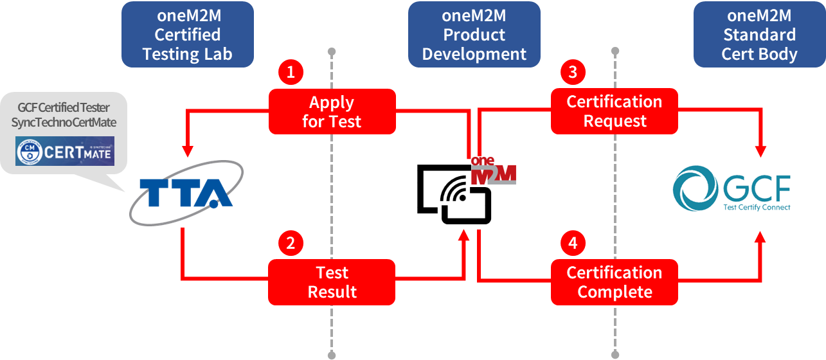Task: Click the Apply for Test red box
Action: click(332, 111)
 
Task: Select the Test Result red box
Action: click(332, 282)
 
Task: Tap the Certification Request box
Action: click(615, 111)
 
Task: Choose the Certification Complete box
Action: click(615, 282)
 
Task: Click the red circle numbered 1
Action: click(291, 72)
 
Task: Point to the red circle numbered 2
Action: click(291, 243)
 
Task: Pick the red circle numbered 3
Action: click(573, 72)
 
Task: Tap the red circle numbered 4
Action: click(573, 243)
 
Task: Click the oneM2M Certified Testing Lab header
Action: click(188, 35)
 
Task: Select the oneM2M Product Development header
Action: click(474, 35)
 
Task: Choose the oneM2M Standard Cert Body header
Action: click(759, 35)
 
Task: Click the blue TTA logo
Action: click(186, 193)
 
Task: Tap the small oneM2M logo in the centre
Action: click(494, 170)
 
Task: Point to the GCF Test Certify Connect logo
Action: click(733, 188)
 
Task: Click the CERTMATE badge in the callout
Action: click(65, 151)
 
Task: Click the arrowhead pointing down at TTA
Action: click(187, 152)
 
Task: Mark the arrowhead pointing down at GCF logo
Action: click(760, 152)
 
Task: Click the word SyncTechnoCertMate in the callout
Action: click(64, 122)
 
